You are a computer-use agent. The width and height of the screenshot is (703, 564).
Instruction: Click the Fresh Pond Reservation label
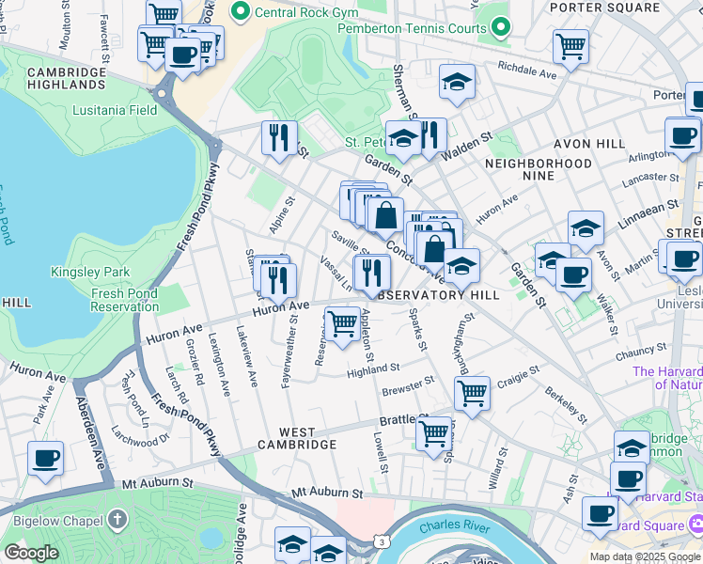pos(124,301)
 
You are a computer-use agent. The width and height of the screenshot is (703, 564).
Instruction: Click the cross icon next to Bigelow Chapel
pos(117,517)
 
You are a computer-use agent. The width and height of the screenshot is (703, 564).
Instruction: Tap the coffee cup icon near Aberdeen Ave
pos(45,459)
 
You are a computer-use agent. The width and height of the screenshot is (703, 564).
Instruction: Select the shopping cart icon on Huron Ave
pos(344,322)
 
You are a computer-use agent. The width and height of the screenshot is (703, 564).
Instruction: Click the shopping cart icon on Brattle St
pos(433,434)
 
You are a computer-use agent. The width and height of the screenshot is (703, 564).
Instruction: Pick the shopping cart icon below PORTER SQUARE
pos(570,44)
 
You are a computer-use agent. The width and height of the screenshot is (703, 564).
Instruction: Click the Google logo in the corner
pos(31,553)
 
